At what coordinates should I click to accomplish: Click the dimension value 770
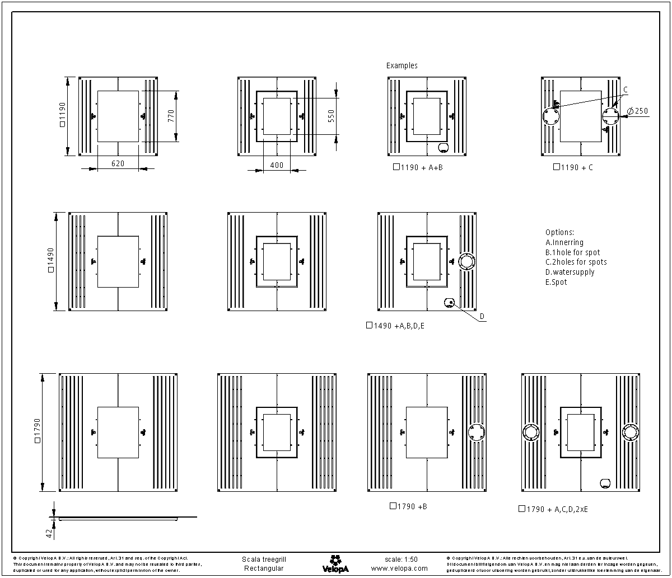tap(171, 116)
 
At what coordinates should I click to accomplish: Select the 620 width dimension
tap(118, 163)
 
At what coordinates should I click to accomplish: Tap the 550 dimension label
tap(331, 116)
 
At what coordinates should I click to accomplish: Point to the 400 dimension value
tap(277, 165)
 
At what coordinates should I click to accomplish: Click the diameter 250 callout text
tap(638, 111)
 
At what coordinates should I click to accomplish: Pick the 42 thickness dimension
tap(49, 533)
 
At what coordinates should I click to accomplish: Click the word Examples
tap(402, 65)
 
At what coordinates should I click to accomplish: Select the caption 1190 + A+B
tap(418, 167)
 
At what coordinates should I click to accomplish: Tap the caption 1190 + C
tap(573, 167)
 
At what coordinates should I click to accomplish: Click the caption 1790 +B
tap(408, 506)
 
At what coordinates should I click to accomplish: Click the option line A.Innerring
tap(564, 242)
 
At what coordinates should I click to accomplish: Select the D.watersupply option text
tap(570, 272)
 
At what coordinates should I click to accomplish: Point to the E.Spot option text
tap(556, 282)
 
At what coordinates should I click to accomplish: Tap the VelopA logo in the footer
tap(335, 563)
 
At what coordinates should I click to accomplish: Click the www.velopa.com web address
tap(399, 568)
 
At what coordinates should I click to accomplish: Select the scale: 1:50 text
tap(401, 559)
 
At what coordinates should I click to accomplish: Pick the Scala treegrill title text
tap(263, 559)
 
